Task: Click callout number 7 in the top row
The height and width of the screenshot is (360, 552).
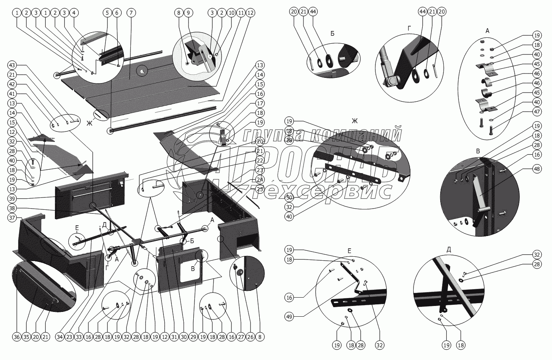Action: tap(130, 13)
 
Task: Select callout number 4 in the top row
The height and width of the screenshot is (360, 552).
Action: tap(73, 13)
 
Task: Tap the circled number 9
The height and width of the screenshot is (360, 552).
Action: tap(189, 13)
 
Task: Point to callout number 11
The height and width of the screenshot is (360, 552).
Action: tap(241, 13)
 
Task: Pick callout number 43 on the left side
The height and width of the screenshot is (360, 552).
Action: tap(12, 65)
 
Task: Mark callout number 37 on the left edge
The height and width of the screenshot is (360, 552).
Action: tap(12, 217)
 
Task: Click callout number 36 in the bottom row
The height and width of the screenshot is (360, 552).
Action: tap(16, 337)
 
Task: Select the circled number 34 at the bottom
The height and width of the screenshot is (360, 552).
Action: tap(59, 337)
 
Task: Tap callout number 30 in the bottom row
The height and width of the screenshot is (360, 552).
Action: tap(183, 337)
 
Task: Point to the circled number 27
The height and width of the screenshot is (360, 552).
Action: tap(241, 337)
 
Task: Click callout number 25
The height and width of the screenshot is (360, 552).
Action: tap(260, 189)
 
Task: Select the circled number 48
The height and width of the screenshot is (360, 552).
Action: tap(526, 169)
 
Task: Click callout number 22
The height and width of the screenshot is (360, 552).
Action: tap(260, 161)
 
